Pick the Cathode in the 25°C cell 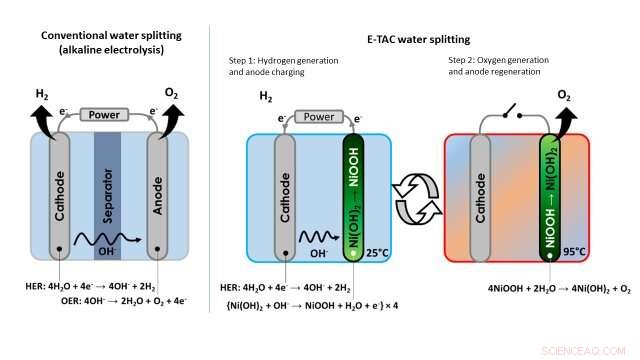click(x=284, y=195)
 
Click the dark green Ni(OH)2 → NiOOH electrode click(x=355, y=195)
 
